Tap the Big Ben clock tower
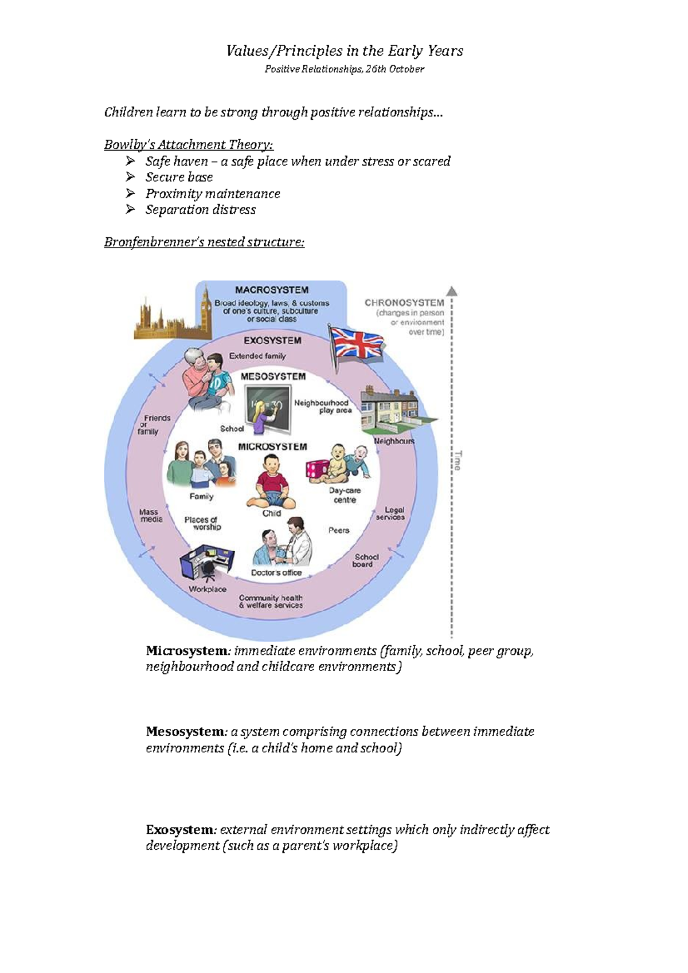click(205, 312)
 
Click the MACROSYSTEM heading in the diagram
click(272, 290)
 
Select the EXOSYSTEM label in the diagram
click(272, 340)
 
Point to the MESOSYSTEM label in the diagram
click(273, 376)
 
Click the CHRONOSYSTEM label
click(404, 303)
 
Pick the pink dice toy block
click(316, 469)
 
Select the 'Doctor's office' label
click(276, 572)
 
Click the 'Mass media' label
click(151, 516)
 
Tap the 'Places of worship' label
click(202, 523)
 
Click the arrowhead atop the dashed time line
click(452, 291)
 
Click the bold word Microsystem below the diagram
click(187, 651)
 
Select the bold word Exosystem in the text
click(180, 830)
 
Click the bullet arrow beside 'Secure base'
click(131, 177)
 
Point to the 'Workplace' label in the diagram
click(208, 589)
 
